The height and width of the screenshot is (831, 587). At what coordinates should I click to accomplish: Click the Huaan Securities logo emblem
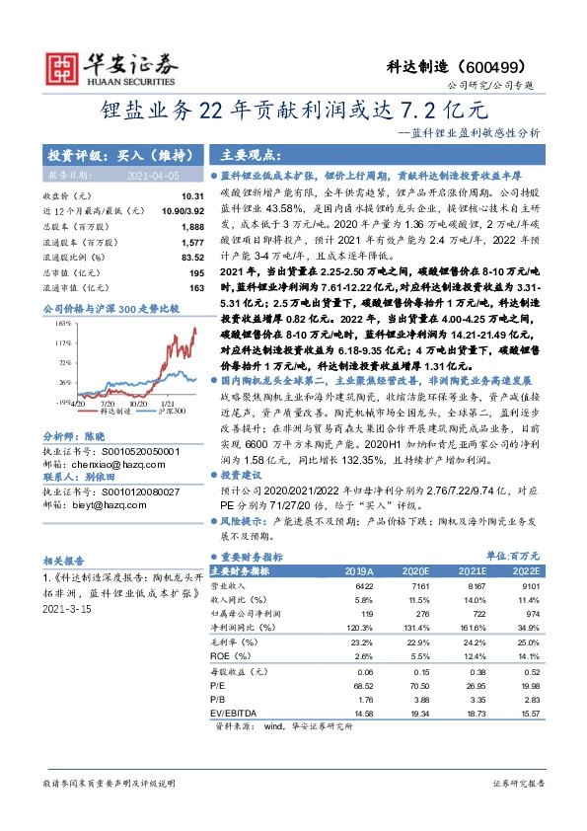[x=68, y=66]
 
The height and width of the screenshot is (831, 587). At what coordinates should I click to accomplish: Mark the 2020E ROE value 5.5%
[x=414, y=655]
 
